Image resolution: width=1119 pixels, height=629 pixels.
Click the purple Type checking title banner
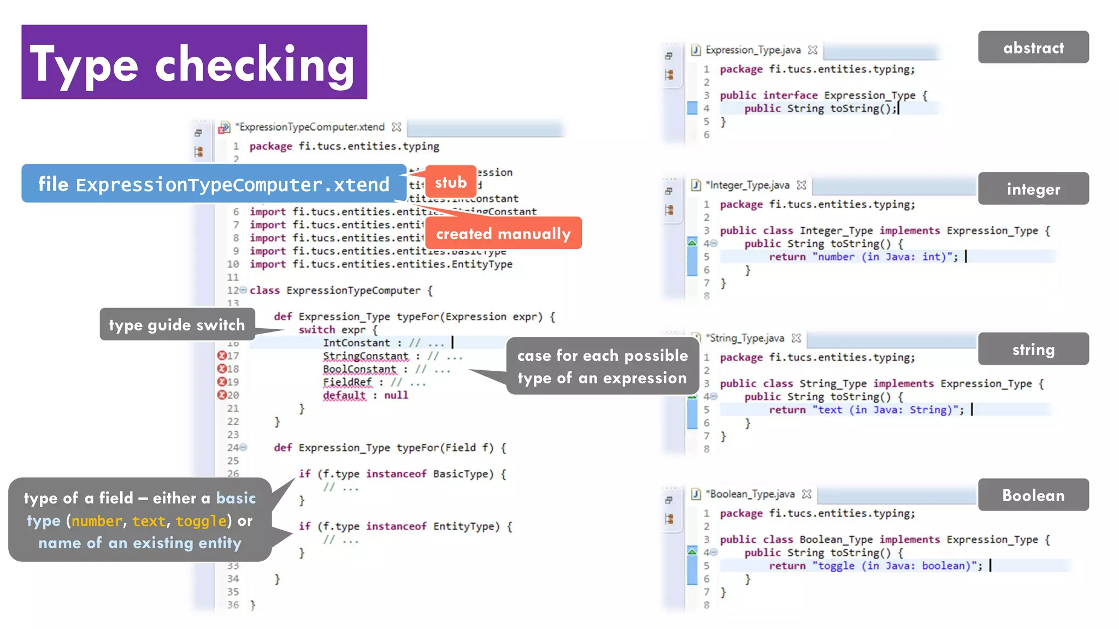tap(194, 62)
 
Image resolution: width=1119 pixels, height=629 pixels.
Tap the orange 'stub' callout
tap(450, 182)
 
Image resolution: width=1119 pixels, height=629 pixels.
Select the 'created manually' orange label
tap(503, 234)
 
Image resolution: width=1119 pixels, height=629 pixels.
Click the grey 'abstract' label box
tap(1033, 48)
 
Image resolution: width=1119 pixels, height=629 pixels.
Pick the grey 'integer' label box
tap(1033, 189)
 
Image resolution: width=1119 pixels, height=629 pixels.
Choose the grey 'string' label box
tap(1033, 349)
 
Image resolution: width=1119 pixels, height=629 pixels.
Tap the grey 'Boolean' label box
tap(1033, 495)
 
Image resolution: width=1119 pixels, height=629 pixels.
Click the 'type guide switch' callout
tap(176, 324)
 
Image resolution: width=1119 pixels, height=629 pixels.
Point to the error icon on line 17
tap(222, 355)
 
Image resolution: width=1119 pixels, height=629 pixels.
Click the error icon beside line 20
tap(222, 395)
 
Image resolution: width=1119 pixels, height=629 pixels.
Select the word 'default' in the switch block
tap(344, 395)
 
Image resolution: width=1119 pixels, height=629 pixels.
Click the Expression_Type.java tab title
tap(753, 50)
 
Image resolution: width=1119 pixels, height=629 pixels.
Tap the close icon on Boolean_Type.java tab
tap(806, 494)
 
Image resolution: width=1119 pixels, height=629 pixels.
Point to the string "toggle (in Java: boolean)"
tap(896, 566)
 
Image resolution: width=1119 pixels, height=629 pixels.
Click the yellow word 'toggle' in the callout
tap(201, 520)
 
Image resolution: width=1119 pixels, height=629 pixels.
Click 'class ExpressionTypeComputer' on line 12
tap(334, 290)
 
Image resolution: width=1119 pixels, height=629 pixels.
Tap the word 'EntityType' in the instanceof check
tap(466, 526)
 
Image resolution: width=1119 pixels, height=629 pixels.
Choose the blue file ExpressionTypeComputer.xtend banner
tap(214, 184)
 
